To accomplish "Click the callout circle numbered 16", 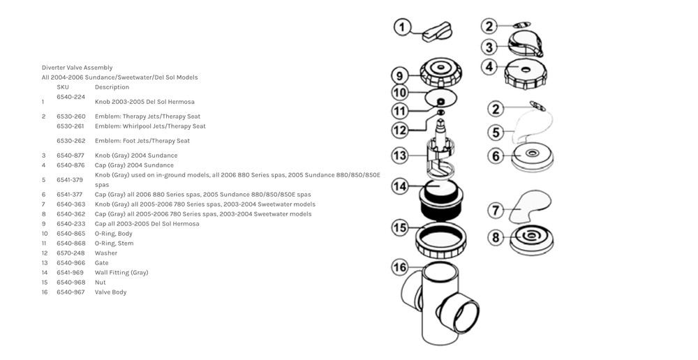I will click(400, 268).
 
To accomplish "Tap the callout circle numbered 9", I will click(400, 75).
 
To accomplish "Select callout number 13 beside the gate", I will click(400, 156).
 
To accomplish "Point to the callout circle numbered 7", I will click(494, 209).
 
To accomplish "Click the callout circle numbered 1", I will click(403, 28).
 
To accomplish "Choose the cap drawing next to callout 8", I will click(532, 239).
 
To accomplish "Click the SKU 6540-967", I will click(70, 292).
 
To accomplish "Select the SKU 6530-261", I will click(70, 126).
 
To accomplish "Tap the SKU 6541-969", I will click(70, 273).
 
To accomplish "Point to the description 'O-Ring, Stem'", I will click(114, 243).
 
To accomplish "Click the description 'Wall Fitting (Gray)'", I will click(121, 273).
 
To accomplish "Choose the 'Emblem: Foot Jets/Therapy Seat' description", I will click(142, 141).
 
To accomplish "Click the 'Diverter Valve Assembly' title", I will click(77, 68).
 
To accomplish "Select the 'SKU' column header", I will click(63, 87).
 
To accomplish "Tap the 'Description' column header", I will click(112, 87).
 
